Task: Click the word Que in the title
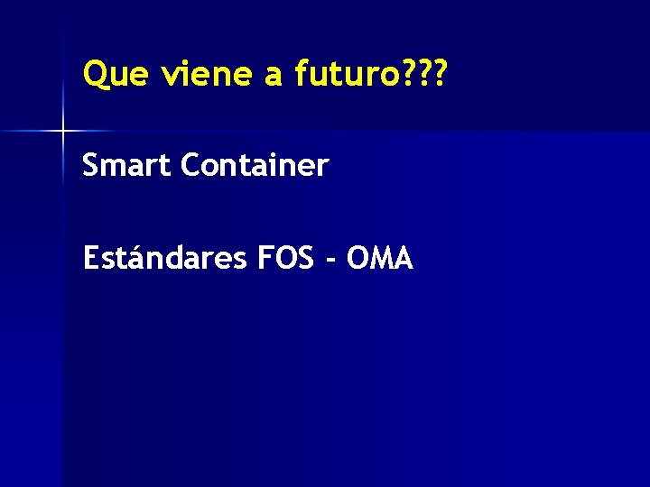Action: click(x=115, y=74)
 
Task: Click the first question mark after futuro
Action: click(x=406, y=74)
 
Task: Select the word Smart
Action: click(x=127, y=166)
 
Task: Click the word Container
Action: click(x=255, y=166)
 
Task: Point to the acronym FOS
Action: click(x=288, y=259)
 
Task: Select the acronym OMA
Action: click(x=380, y=259)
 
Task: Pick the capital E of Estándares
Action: click(x=89, y=259)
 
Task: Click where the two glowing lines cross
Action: click(x=63, y=132)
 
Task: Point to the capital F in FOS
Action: click(x=265, y=259)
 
